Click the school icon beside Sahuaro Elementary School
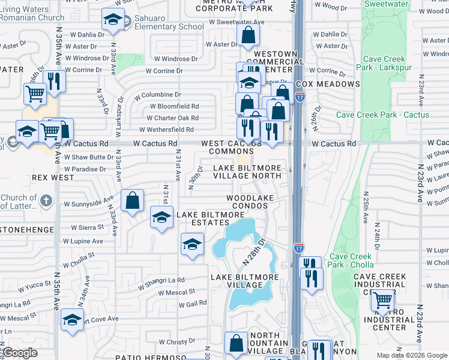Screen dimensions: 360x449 pyautogui.click(x=113, y=21)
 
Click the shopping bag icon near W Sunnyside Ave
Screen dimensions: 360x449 pyautogui.click(x=132, y=201)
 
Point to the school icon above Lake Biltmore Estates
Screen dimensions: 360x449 pyautogui.click(x=161, y=218)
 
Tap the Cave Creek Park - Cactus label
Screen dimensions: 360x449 pyautogui.click(x=382, y=115)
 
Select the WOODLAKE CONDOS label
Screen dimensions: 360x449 pyautogui.click(x=247, y=202)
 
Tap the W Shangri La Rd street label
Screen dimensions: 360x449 pyautogui.click(x=161, y=280)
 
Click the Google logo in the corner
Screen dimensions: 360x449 pyautogui.click(x=20, y=353)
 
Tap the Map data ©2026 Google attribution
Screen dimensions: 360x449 pyautogui.click(x=411, y=355)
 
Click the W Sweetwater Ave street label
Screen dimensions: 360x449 pyautogui.click(x=237, y=22)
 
